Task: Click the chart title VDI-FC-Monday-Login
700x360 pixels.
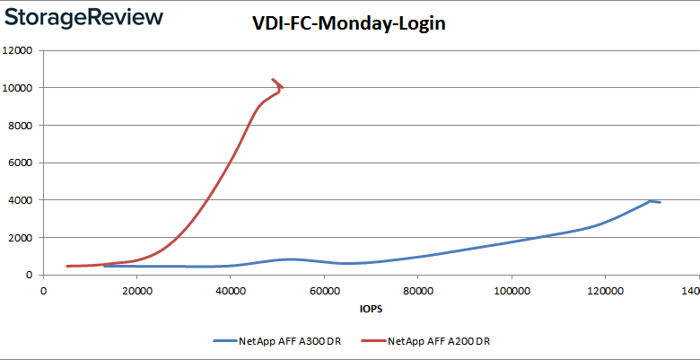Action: point(348,24)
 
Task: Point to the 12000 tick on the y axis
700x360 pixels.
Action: point(19,50)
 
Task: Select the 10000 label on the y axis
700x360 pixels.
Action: point(19,88)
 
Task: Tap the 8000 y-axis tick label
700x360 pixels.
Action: point(22,126)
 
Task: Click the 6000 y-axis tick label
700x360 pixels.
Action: point(22,162)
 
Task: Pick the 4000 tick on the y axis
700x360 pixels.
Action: point(22,200)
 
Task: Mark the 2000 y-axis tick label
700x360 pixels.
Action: point(22,238)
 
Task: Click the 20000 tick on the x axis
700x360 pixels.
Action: point(136,291)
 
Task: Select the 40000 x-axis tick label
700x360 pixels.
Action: point(230,291)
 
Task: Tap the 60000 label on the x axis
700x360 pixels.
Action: point(323,291)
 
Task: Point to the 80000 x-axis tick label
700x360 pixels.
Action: point(416,291)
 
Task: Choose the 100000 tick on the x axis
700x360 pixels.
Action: point(510,291)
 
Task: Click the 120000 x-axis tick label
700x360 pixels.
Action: point(603,291)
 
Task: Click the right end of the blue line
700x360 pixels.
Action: point(661,202)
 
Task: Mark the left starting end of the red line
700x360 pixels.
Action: point(68,266)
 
